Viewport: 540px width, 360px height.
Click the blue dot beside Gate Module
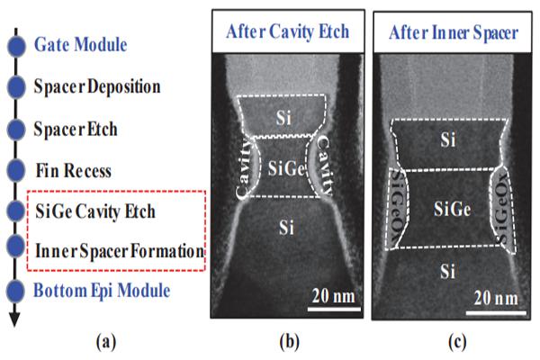pyautogui.click(x=16, y=46)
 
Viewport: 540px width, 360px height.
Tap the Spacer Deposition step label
pyautogui.click(x=97, y=86)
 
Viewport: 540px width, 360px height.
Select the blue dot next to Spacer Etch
pyautogui.click(x=16, y=130)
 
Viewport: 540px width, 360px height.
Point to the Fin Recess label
pyautogui.click(x=74, y=170)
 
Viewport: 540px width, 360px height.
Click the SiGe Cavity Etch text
pyautogui.click(x=95, y=211)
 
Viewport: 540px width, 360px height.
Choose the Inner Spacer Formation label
pyautogui.click(x=120, y=251)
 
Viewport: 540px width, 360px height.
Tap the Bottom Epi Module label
pyautogui.click(x=102, y=291)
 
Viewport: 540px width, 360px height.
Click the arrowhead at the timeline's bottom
pyautogui.click(x=14, y=319)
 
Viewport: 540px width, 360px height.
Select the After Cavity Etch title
pyautogui.click(x=288, y=31)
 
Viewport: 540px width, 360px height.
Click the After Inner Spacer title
pyautogui.click(x=454, y=33)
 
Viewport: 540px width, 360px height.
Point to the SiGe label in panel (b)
pyautogui.click(x=286, y=169)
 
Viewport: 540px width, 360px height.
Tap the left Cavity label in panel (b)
pyautogui.click(x=245, y=168)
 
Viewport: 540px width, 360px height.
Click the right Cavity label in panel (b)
pyautogui.click(x=324, y=166)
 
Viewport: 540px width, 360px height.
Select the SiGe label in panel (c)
pyautogui.click(x=452, y=209)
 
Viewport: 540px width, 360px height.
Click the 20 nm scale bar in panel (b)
pyautogui.click(x=334, y=309)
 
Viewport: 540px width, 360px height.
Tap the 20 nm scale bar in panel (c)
pyautogui.click(x=496, y=313)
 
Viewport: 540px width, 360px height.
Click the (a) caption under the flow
pyautogui.click(x=106, y=342)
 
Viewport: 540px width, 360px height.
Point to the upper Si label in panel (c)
pyautogui.click(x=447, y=139)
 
